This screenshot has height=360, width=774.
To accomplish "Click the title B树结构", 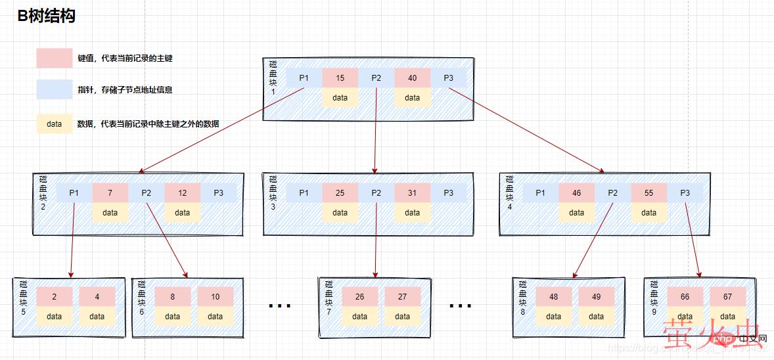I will point(47,16).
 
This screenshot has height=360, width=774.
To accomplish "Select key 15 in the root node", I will point(340,78).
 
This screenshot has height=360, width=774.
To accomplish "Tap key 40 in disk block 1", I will point(412,78).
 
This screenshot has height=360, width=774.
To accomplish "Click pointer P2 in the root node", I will point(376,78).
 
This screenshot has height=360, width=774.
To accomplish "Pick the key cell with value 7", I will point(110,193).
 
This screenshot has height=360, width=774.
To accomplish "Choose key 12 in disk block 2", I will point(182,193).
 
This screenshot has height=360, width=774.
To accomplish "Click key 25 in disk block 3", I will point(340,193).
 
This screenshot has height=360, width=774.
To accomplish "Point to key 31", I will point(412,193).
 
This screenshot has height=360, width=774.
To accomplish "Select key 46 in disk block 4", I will point(576,193).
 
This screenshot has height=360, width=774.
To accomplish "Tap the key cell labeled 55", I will point(649,193).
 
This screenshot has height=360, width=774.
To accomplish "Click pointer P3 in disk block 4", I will point(685,193).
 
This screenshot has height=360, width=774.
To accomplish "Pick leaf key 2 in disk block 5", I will point(54,296).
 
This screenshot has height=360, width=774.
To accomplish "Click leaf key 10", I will point(215,296).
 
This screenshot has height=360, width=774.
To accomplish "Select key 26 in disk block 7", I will point(359,296).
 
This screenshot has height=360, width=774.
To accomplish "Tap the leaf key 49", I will point(596,296).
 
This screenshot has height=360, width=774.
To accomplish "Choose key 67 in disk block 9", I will point(727,296).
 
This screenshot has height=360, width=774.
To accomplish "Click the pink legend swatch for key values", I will point(54,58).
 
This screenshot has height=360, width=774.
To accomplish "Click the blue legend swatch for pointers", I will point(54,89).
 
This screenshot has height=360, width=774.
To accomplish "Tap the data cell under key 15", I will point(340,98).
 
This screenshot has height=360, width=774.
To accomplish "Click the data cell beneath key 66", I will point(685,316).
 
